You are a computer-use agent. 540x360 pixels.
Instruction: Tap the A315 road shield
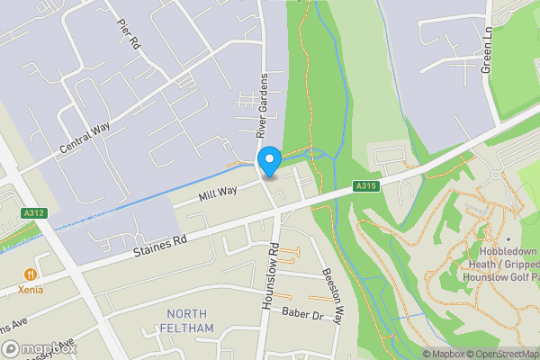pos(364,186)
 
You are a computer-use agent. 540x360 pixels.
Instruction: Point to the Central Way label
pos(85,139)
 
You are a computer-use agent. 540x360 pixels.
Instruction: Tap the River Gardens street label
pos(264,105)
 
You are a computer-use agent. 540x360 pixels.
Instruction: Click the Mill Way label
pos(219,192)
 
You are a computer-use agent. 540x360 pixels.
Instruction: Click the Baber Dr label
pos(301,315)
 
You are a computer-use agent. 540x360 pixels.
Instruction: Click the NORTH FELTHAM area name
pos(190,320)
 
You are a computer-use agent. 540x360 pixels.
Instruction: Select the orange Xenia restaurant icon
pos(31,274)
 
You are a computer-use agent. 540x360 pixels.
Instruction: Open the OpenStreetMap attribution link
pos(500,354)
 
